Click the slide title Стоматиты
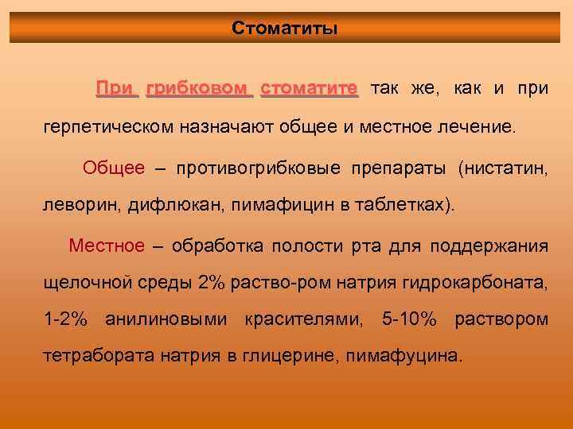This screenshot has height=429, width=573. point(285,29)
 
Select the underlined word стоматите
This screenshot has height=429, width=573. point(310,87)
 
